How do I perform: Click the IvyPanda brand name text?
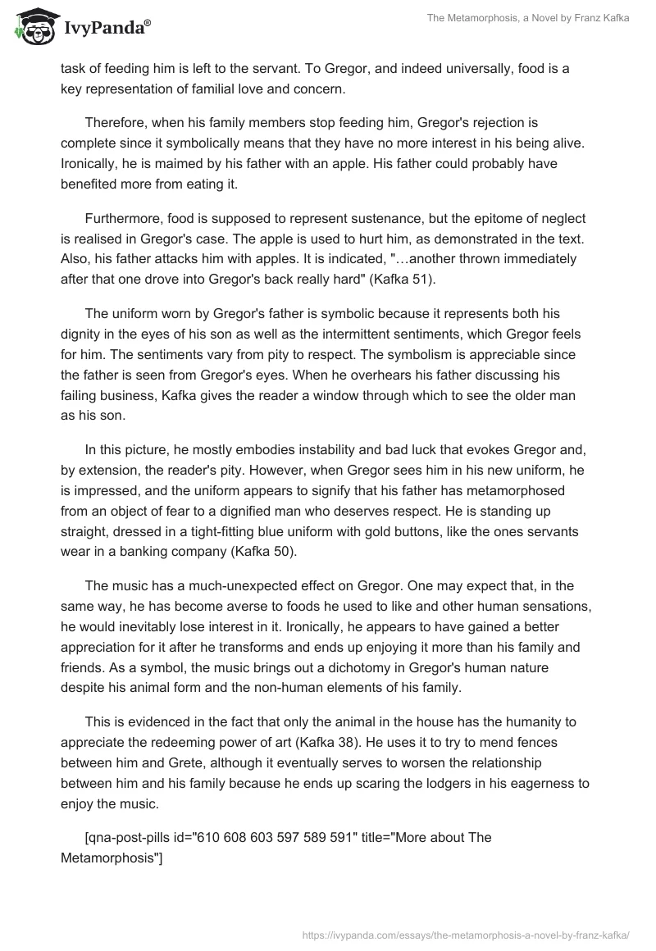106,28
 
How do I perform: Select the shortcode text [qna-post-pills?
132,838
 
